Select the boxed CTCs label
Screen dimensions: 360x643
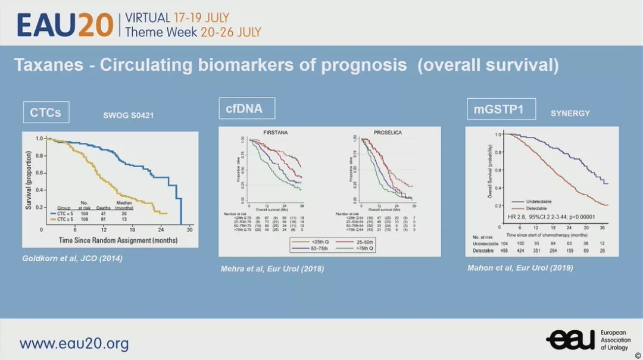click(x=46, y=112)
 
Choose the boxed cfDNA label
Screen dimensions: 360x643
click(x=246, y=108)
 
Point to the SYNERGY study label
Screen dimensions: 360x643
click(x=570, y=113)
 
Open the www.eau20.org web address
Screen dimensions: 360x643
click(x=74, y=343)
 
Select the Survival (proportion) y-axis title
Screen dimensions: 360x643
click(x=29, y=179)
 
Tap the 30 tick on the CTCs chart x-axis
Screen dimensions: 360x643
click(x=189, y=230)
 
